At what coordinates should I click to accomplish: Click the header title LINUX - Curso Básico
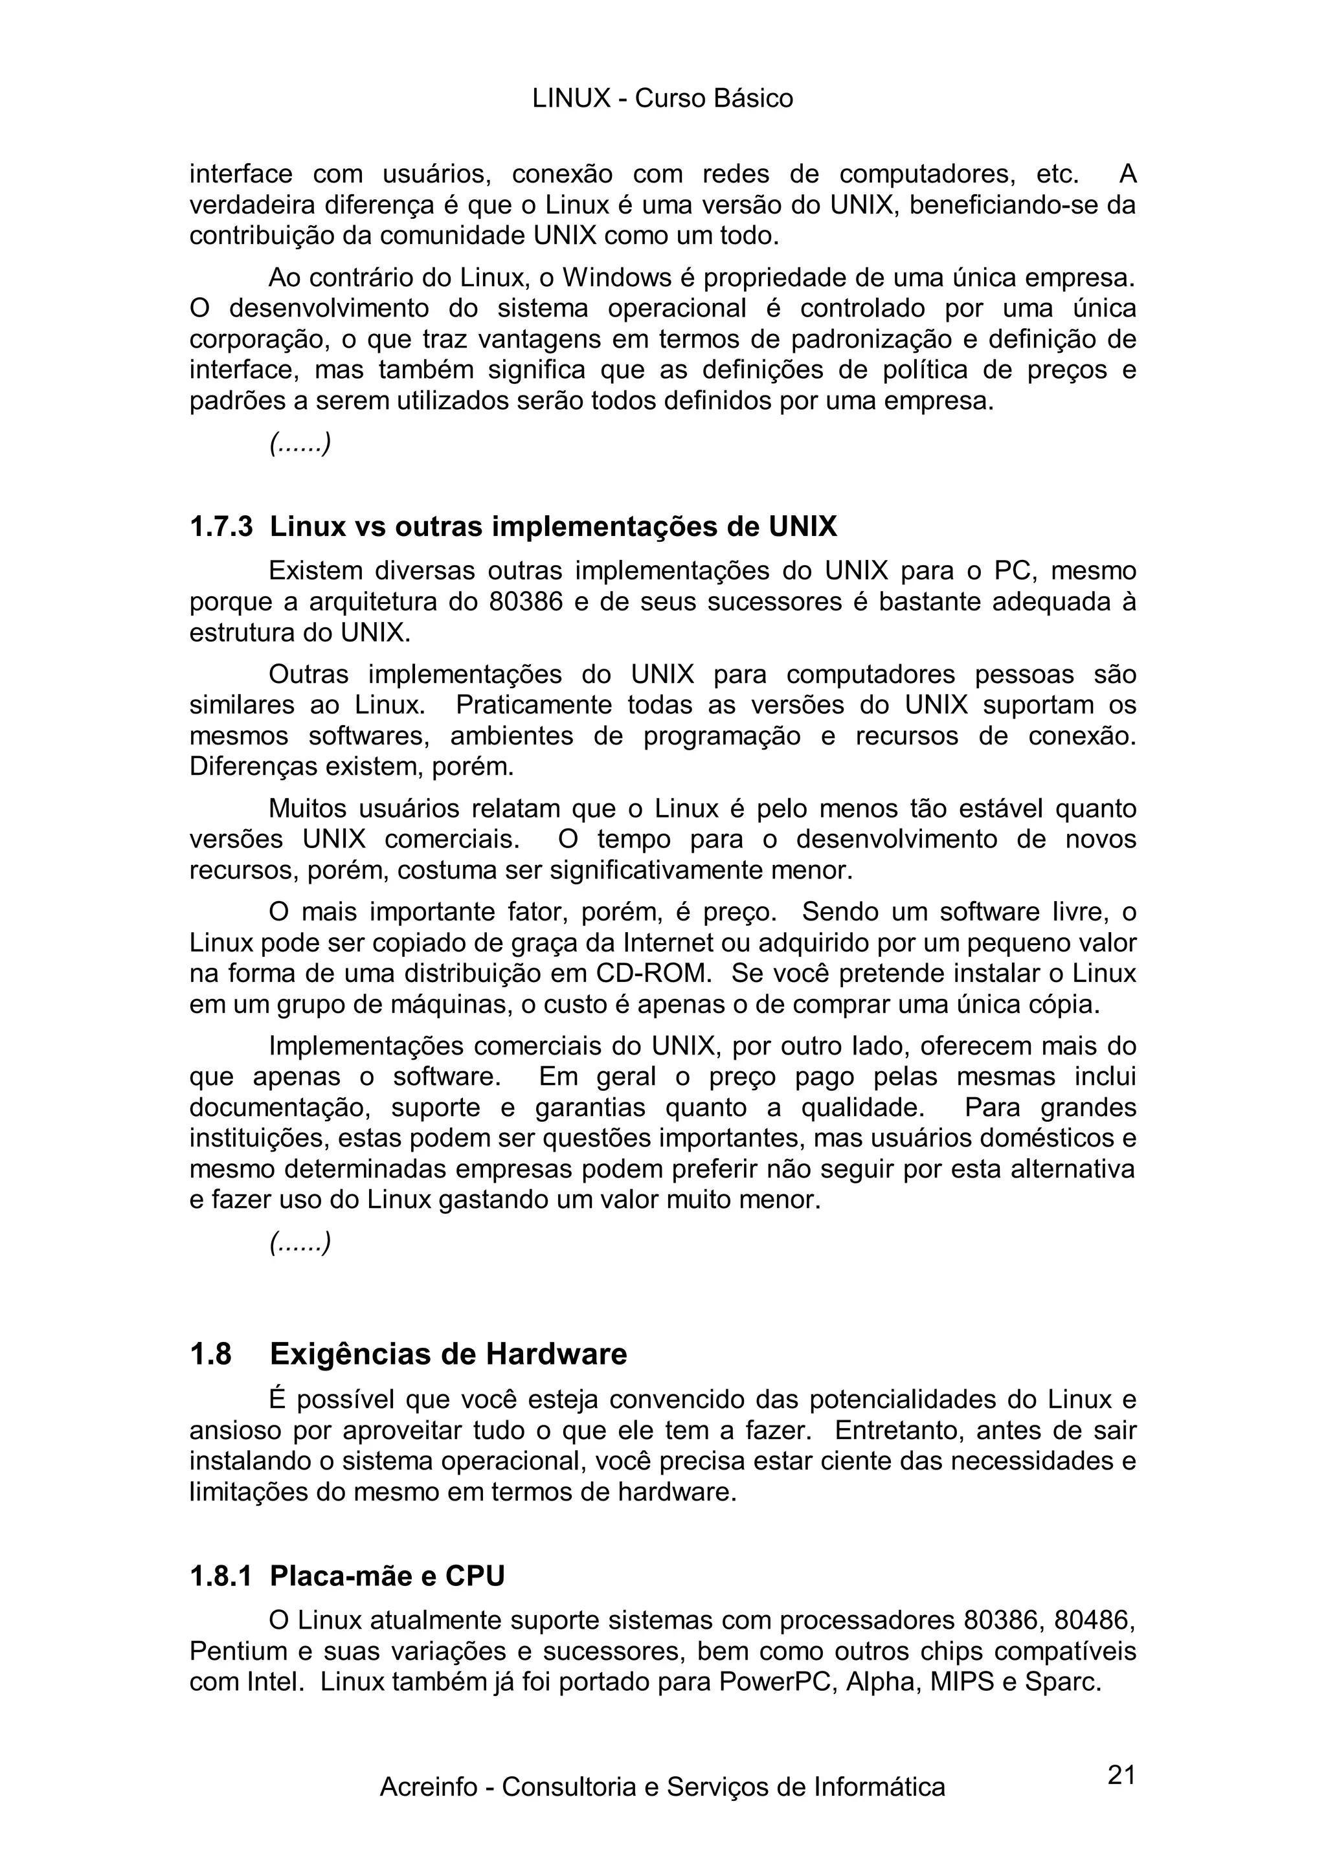[x=662, y=99]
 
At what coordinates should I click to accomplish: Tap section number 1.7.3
[x=221, y=527]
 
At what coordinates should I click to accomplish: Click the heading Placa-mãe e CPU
[x=387, y=1576]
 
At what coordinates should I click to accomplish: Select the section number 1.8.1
[x=221, y=1576]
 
